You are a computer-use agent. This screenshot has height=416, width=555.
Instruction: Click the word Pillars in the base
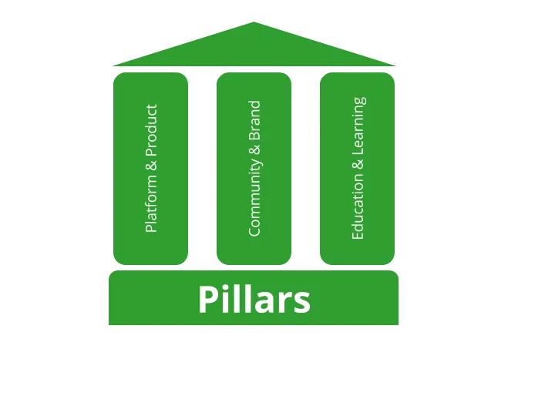[254, 299]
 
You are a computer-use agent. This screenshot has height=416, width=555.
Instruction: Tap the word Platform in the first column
[151, 203]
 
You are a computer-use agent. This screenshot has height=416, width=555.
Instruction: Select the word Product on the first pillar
[151, 130]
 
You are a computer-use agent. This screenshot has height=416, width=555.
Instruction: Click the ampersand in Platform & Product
[151, 165]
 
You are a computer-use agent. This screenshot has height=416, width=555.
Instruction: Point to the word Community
[254, 197]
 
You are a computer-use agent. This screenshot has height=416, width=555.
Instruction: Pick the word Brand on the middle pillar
[254, 120]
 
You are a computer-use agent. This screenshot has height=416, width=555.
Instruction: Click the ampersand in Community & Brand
[254, 149]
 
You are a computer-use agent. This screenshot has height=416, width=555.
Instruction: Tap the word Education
[358, 207]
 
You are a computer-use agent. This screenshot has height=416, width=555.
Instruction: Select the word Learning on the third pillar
[358, 126]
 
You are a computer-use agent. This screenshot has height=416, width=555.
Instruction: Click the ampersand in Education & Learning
[358, 164]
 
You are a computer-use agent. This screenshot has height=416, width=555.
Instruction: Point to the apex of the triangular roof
[254, 22]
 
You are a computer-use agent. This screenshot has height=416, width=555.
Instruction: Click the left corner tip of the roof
[113, 65]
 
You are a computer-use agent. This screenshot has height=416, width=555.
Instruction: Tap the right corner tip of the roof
[395, 65]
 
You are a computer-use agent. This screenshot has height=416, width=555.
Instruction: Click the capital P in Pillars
[207, 299]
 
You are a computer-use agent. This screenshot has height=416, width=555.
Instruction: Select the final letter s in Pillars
[302, 303]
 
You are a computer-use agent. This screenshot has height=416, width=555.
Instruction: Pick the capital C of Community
[254, 231]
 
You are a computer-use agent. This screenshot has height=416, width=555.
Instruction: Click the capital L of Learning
[358, 151]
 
